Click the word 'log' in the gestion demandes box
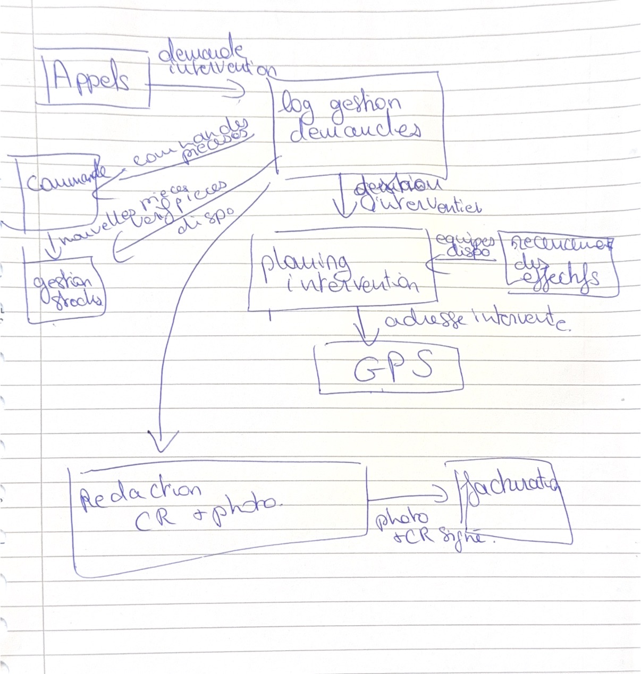(296, 104)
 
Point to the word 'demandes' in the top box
(355, 130)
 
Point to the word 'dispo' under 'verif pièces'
(205, 220)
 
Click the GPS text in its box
(392, 368)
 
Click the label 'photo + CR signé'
(425, 528)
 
